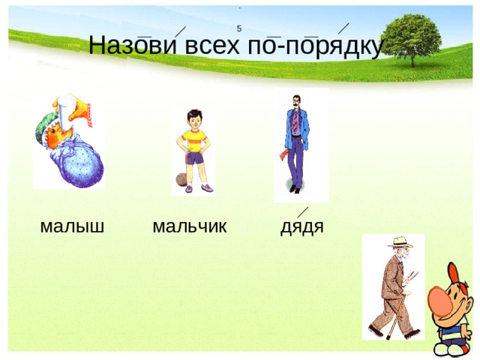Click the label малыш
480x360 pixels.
click(x=72, y=226)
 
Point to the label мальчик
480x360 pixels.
click(x=189, y=226)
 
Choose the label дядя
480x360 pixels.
click(x=301, y=226)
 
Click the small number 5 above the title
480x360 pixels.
click(x=238, y=29)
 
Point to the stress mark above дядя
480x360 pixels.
click(x=303, y=212)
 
